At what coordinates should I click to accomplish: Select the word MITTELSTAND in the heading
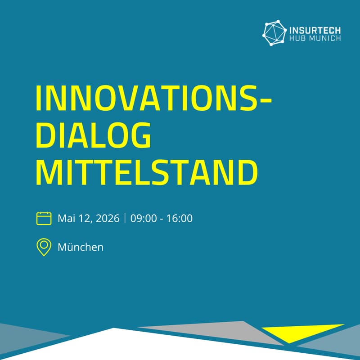(x=147, y=171)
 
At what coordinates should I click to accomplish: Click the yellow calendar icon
(x=44, y=219)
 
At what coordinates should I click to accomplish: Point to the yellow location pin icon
(x=44, y=247)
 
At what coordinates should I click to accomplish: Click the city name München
(x=81, y=247)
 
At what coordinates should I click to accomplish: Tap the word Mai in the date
(x=65, y=219)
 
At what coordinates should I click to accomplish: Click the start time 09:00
(x=142, y=219)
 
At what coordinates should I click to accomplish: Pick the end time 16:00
(x=180, y=219)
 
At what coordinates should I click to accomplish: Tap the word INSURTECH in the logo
(x=315, y=30)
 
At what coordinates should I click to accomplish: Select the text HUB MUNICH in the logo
(x=315, y=39)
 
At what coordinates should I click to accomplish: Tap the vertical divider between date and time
(x=125, y=219)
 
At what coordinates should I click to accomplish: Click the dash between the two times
(x=161, y=220)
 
